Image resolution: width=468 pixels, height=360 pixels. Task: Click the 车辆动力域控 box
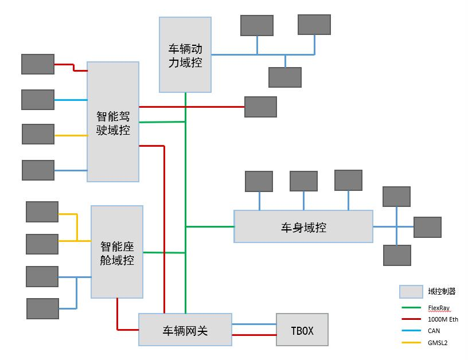click(x=185, y=55)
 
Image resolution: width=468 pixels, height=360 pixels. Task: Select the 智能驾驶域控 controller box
click(x=113, y=122)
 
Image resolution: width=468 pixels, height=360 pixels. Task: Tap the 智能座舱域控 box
click(x=117, y=252)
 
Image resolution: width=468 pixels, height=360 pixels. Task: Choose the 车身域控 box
click(x=303, y=227)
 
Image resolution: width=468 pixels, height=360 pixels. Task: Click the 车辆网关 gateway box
click(x=185, y=330)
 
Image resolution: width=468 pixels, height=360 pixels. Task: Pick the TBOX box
click(x=302, y=330)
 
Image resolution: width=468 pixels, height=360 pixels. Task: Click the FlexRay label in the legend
click(x=439, y=307)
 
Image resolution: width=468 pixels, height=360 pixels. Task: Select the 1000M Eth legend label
click(x=443, y=319)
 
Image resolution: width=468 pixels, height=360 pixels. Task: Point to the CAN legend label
click(x=434, y=331)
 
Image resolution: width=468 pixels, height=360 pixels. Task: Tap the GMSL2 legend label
click(x=437, y=343)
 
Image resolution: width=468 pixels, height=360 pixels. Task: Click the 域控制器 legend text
click(x=442, y=291)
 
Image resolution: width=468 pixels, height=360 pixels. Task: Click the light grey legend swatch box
click(x=411, y=292)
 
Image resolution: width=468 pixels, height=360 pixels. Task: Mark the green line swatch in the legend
click(x=410, y=307)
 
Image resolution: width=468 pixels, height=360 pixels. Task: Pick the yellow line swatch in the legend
click(x=410, y=343)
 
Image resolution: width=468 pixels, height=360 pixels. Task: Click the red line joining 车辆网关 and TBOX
click(x=254, y=335)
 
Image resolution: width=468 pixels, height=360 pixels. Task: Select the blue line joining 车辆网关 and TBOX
click(x=254, y=324)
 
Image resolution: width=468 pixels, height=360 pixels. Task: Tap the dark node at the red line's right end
click(x=260, y=107)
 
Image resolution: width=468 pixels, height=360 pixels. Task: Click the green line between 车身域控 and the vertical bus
click(x=210, y=226)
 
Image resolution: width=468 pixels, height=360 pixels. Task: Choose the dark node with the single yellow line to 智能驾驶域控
click(x=38, y=134)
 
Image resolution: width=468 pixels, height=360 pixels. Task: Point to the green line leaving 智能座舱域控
click(x=163, y=252)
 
